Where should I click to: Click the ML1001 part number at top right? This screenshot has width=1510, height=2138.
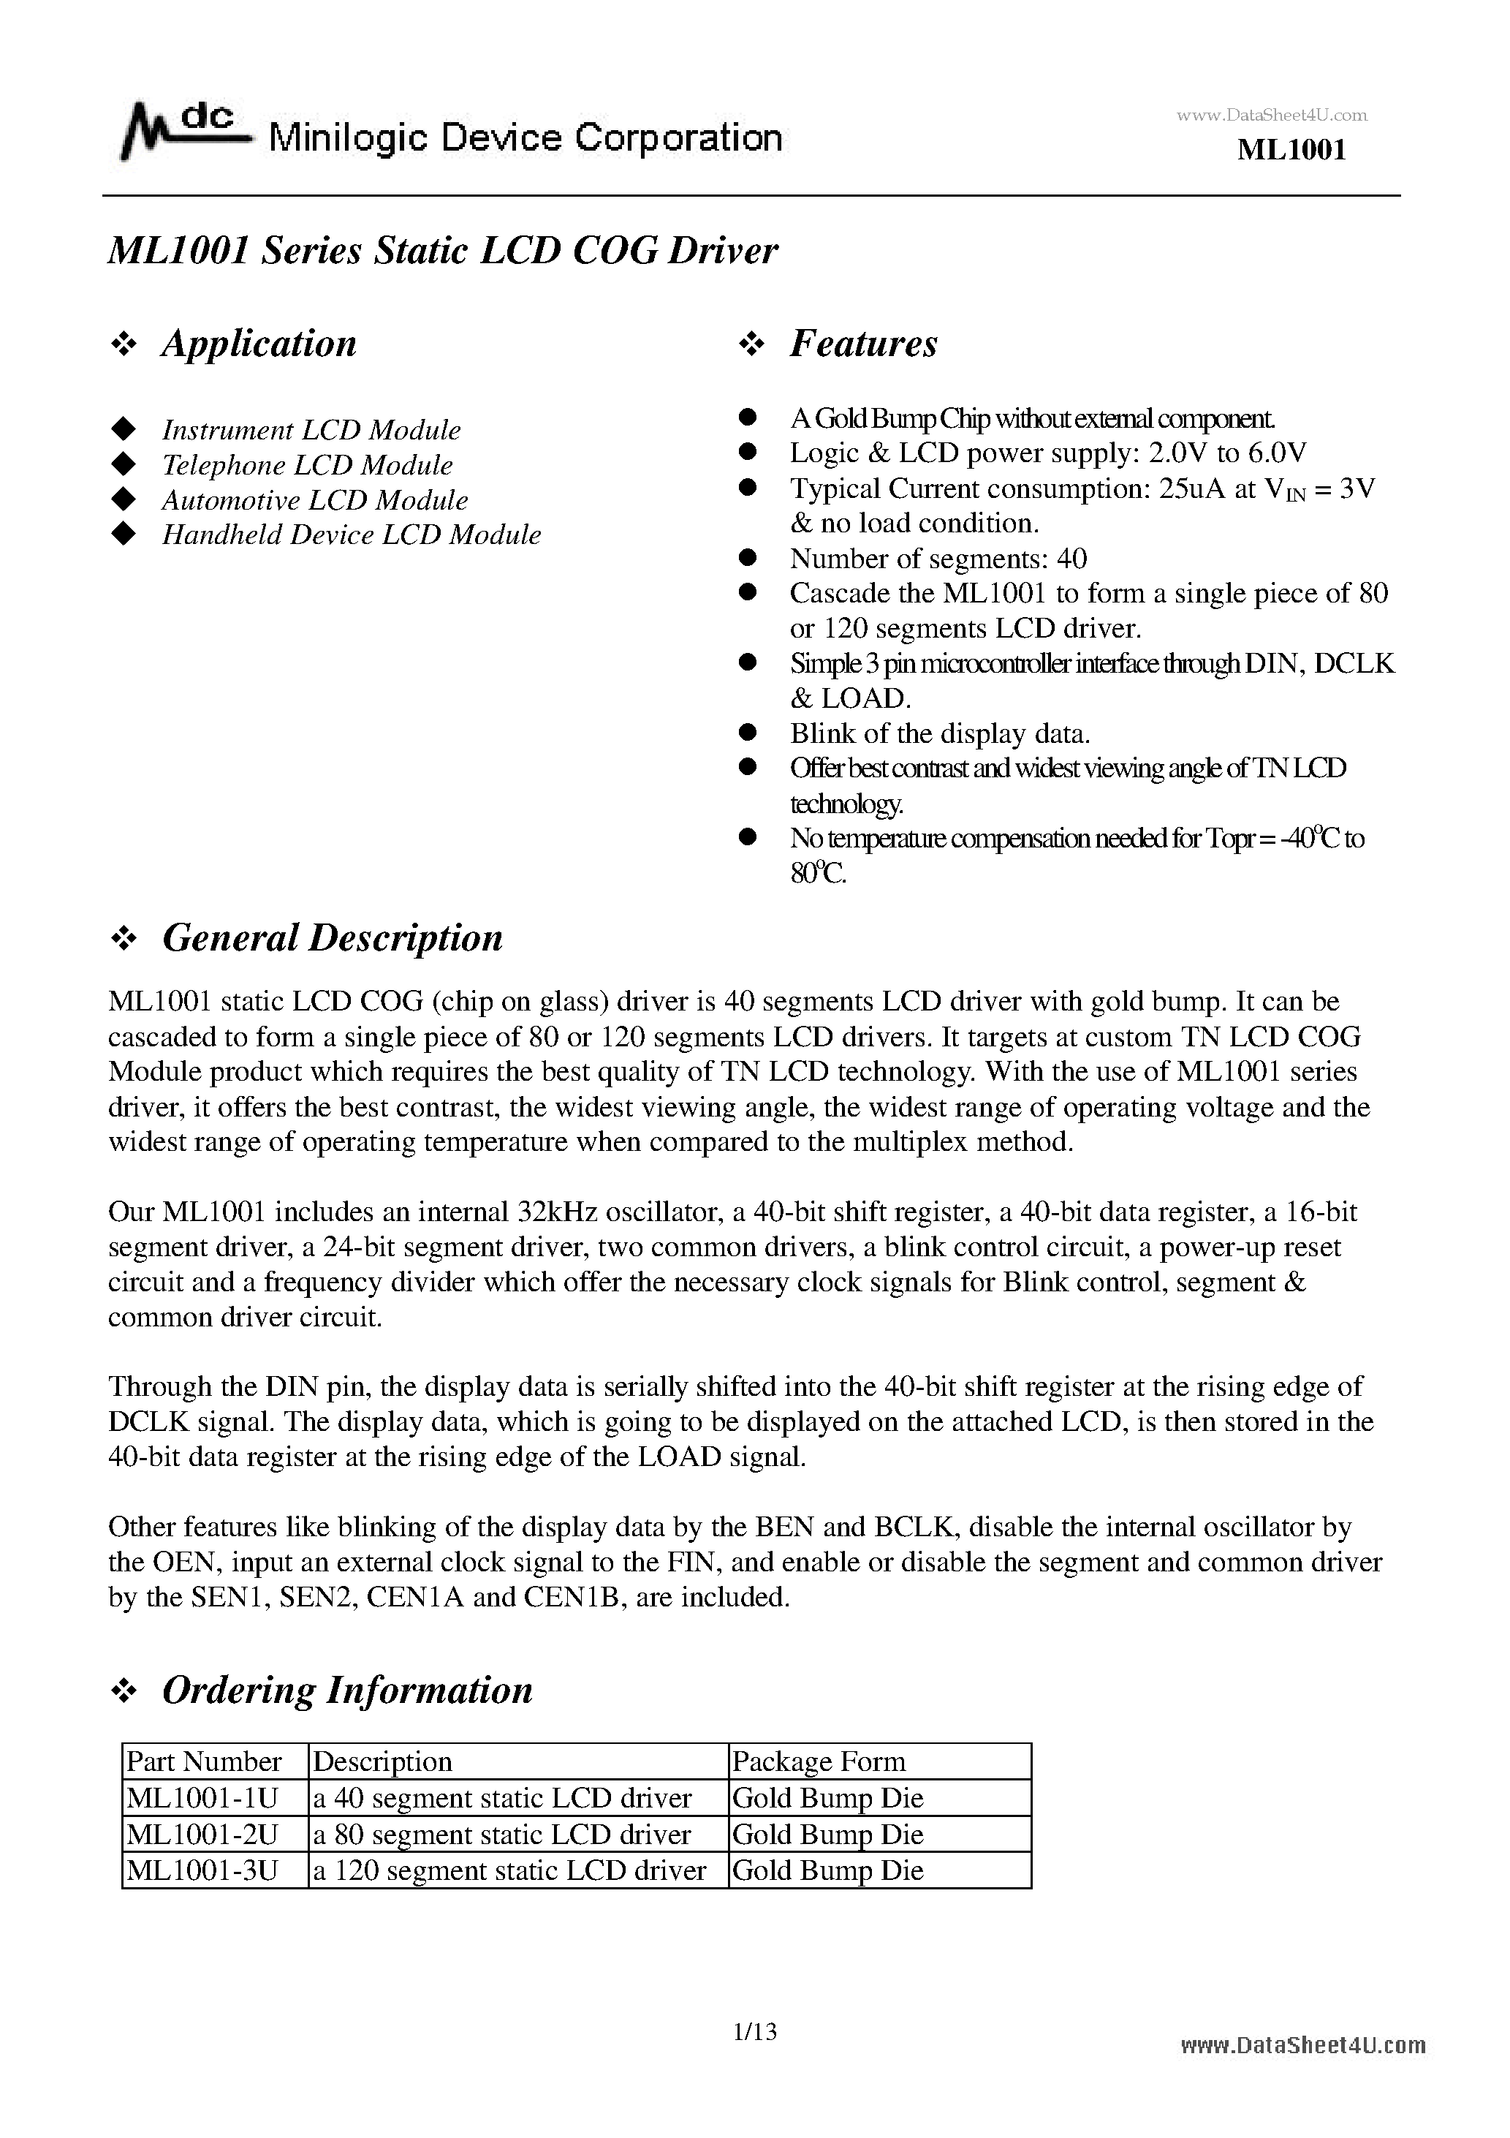pos(1291,150)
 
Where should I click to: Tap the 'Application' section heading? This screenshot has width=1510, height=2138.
pos(259,344)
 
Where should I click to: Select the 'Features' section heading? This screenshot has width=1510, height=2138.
pos(863,344)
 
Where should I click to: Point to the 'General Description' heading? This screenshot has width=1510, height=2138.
pos(333,937)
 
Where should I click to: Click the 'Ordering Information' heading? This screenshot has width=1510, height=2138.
pos(347,1690)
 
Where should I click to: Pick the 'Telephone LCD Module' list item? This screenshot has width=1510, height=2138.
pos(307,464)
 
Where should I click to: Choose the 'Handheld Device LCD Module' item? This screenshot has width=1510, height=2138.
pos(351,534)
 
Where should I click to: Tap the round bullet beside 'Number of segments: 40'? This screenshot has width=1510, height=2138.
pos(747,558)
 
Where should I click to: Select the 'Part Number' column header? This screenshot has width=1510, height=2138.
pos(204,1761)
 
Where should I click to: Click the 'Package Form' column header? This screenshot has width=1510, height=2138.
pos(819,1761)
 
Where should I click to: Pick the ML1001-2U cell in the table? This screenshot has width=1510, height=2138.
pos(203,1834)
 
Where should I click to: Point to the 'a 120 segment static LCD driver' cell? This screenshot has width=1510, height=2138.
pos(509,1870)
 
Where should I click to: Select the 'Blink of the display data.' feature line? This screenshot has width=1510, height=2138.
pos(939,734)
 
